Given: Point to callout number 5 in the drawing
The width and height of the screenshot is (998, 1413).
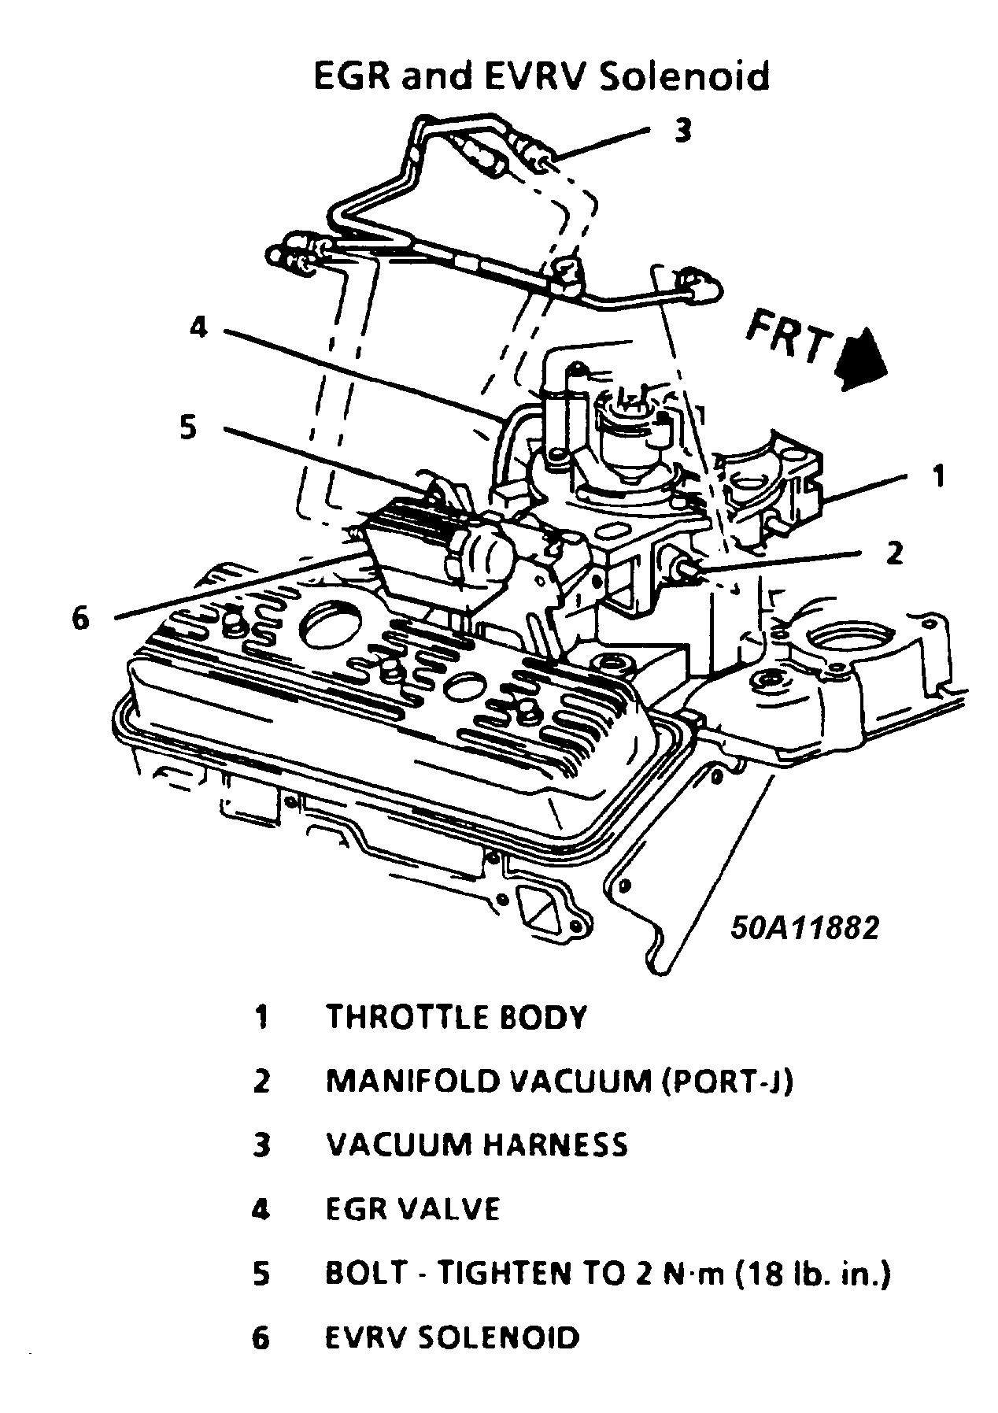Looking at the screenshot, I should (188, 429).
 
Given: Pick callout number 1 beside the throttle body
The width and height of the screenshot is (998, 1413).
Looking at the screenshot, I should (937, 475).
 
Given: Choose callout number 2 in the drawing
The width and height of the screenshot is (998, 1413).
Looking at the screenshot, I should (894, 553).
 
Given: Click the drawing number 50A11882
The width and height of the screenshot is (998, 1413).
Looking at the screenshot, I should (803, 928).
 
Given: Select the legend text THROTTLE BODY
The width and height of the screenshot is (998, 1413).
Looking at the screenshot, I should (456, 1017).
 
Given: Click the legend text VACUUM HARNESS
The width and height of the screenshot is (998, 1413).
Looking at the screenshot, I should (477, 1145).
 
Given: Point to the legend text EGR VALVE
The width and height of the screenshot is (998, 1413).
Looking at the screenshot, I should (412, 1209).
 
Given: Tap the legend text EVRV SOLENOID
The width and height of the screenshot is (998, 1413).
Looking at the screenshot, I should (453, 1337).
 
